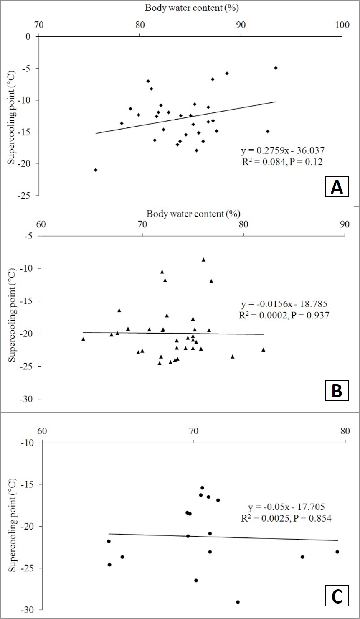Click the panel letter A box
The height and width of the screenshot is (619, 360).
coord(337,186)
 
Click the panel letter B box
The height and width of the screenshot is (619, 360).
coord(337,390)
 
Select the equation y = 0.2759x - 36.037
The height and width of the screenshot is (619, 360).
coord(283,150)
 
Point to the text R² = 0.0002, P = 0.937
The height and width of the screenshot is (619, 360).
coord(284,315)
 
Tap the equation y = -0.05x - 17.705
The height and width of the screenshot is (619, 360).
coord(286,507)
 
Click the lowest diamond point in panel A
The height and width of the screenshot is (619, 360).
coord(96,170)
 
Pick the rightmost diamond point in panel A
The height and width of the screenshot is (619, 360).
coord(276,68)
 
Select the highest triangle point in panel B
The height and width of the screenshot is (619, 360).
coord(203,260)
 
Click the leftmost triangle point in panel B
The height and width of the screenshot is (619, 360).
coord(83,339)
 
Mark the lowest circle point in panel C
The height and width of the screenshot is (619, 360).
coord(238,602)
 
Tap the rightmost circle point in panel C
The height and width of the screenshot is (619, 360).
coord(337,552)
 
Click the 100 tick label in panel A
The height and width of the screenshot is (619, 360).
coord(342,25)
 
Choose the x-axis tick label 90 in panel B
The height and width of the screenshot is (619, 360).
coord(345,224)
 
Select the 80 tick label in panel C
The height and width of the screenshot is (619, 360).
coord(345,431)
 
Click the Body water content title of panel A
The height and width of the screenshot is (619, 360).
coord(192,8)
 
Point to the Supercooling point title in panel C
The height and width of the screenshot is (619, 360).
coord(12,525)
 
